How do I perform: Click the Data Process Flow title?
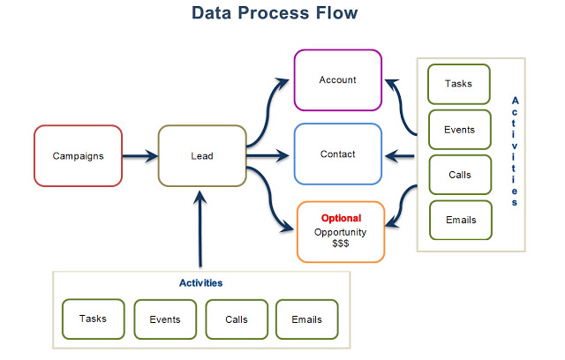(275, 15)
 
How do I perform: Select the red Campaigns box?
(78, 156)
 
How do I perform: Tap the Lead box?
(202, 156)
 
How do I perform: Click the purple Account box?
(337, 80)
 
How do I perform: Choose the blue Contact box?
(337, 154)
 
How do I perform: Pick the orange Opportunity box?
(341, 231)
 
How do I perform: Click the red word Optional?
(341, 218)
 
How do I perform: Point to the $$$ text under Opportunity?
(341, 244)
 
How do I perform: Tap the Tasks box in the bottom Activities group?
(94, 319)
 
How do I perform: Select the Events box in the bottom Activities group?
(164, 319)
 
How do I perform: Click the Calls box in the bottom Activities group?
(236, 319)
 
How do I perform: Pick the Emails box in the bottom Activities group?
(306, 319)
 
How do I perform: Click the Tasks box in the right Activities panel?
(459, 85)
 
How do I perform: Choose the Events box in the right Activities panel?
(459, 130)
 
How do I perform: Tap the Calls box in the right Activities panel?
(459, 175)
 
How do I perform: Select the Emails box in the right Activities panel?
(459, 220)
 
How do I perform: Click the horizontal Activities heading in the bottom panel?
(200, 283)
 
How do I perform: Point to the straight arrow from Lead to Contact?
(268, 156)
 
